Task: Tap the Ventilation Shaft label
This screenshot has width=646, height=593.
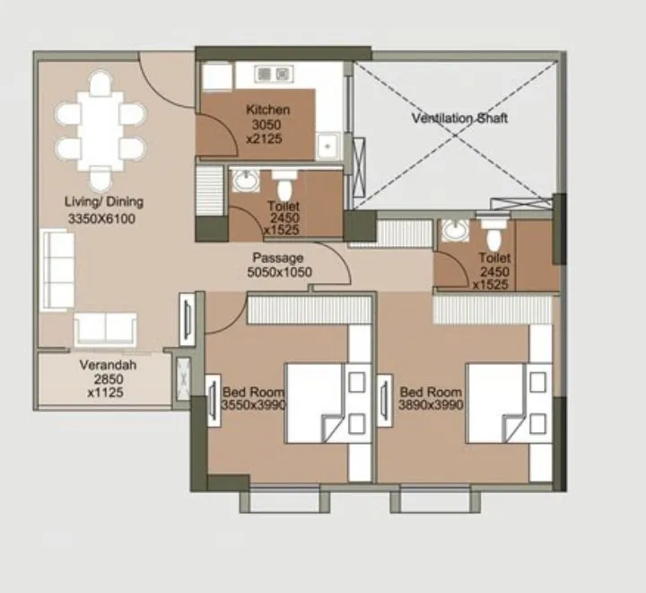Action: coord(459,118)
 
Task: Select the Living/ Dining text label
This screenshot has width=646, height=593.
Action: coord(103,201)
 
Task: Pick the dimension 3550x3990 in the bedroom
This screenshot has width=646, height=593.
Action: coord(254,406)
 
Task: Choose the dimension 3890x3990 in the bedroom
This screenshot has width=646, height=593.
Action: coord(432,406)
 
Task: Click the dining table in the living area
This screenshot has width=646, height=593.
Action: coord(100,130)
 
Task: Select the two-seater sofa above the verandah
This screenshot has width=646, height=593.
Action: coord(105,329)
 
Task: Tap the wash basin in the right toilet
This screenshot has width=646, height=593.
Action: coord(454,231)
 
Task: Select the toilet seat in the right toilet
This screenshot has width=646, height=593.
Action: coord(492,235)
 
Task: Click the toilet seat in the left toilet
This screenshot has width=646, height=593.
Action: coord(284,186)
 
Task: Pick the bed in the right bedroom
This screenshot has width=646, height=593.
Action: coord(496,403)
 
